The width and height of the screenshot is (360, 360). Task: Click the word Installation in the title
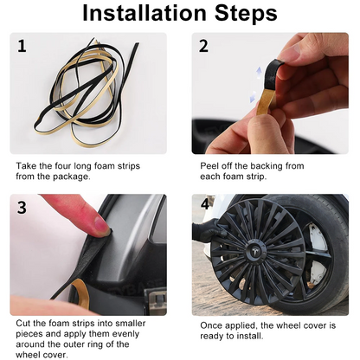tap(145, 13)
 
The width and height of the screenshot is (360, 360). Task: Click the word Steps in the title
tap(246, 14)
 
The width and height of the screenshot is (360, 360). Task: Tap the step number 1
tap(22, 46)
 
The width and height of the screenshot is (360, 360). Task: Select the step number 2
tap(203, 46)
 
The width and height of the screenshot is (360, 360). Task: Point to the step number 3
tap(22, 208)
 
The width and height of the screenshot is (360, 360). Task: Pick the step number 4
tap(205, 204)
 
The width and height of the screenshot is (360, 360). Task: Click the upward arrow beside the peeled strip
tap(259, 72)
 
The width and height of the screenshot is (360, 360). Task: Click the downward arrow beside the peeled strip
tap(253, 97)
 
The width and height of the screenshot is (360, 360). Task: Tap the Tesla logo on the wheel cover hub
tap(256, 251)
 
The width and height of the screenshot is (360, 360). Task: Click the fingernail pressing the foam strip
tap(102, 224)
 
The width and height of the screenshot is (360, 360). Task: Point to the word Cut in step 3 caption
tap(23, 323)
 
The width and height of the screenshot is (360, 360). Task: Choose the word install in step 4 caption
tap(250, 336)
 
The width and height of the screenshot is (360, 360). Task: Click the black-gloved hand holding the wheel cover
tap(209, 230)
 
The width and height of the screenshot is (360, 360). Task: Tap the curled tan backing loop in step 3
tap(80, 292)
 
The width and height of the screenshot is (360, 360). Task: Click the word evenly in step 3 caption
tap(125, 334)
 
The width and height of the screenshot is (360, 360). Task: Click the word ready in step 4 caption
tap(212, 337)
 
